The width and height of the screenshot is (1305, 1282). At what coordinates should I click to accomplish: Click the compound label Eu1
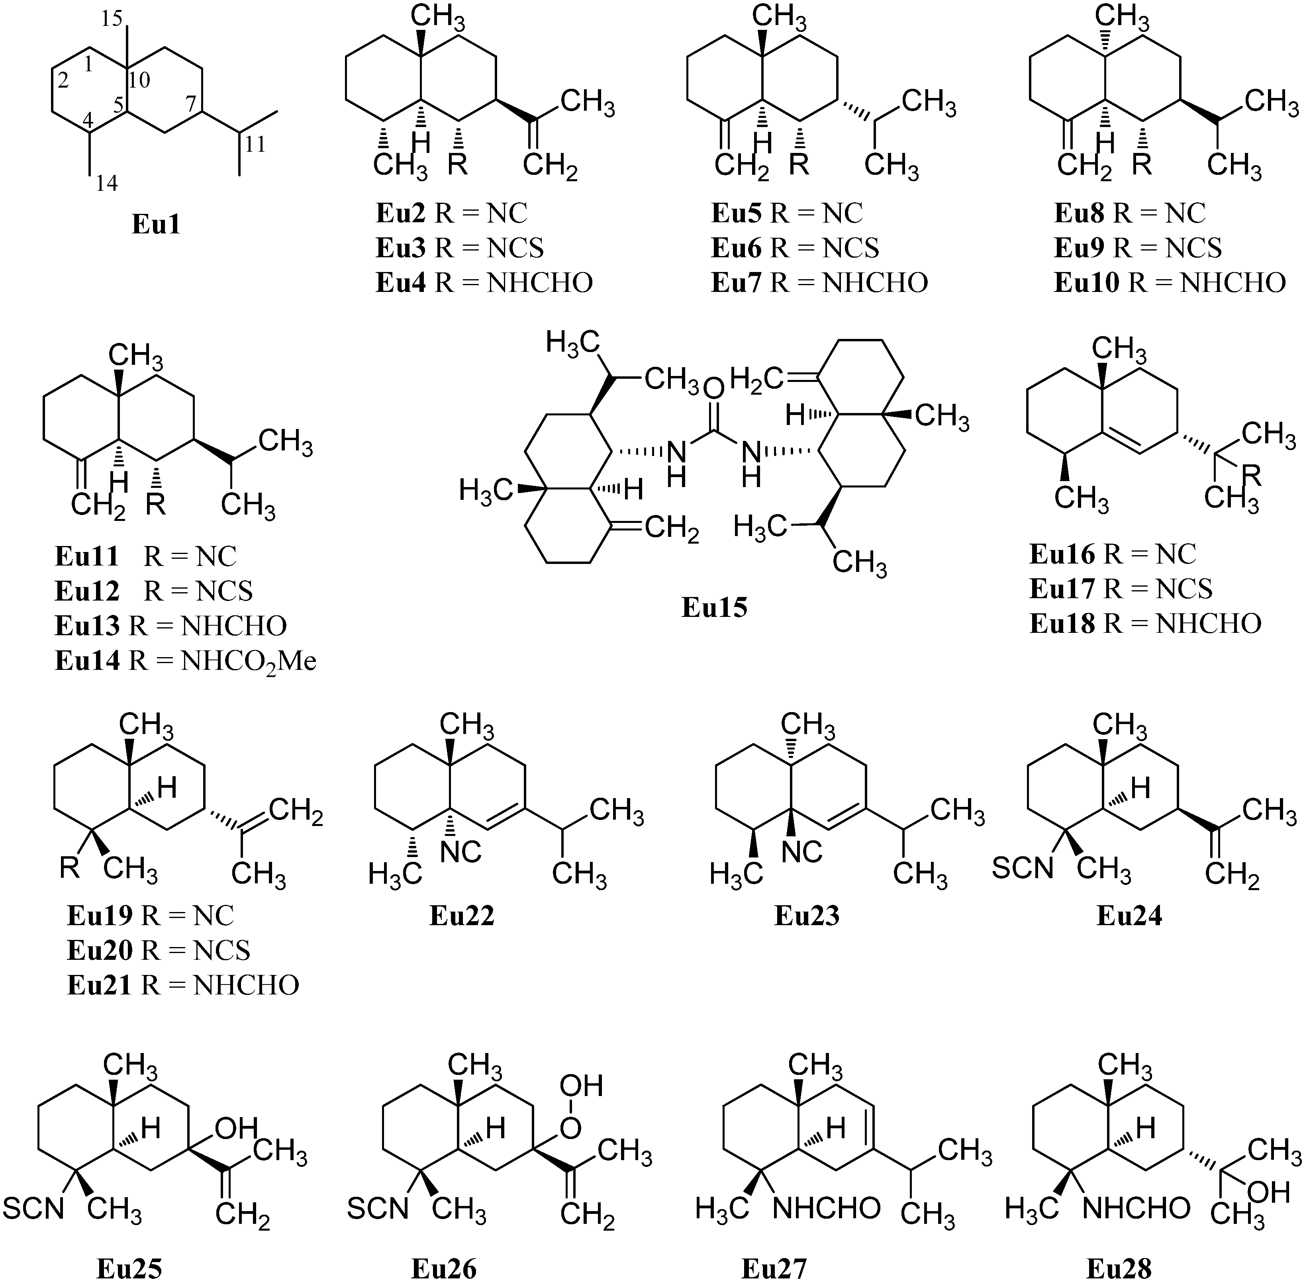pyautogui.click(x=155, y=224)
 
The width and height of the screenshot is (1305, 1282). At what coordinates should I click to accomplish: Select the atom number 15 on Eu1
pyautogui.click(x=112, y=18)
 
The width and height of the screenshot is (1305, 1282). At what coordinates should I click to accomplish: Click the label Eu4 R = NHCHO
pyautogui.click(x=484, y=283)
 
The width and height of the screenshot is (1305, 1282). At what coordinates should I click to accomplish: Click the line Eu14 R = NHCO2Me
pyautogui.click(x=185, y=661)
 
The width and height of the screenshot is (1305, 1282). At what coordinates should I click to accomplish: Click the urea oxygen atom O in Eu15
pyautogui.click(x=714, y=389)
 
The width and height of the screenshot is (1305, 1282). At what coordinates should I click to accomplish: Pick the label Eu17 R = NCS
pyautogui.click(x=1121, y=589)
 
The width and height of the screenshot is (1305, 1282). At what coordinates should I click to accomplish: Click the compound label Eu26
pyautogui.click(x=444, y=1268)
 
